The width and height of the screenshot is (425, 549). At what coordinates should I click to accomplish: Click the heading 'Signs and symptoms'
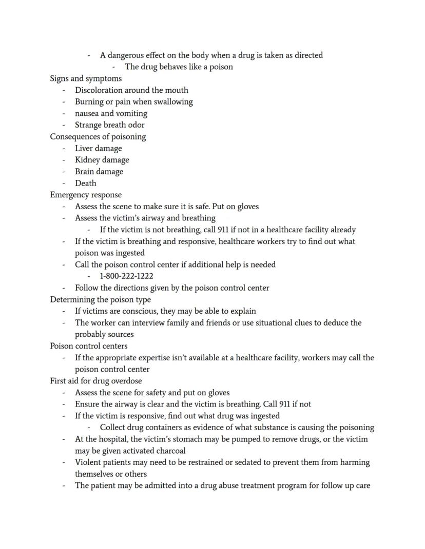click(86, 78)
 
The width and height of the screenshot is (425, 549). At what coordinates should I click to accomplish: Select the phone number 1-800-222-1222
click(127, 276)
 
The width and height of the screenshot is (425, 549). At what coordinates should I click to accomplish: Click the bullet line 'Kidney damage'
click(102, 160)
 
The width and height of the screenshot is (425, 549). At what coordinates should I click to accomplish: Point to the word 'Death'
click(86, 183)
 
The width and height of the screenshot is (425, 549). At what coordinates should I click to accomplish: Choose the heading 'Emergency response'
click(86, 195)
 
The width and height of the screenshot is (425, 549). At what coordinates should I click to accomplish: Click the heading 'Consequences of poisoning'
click(98, 137)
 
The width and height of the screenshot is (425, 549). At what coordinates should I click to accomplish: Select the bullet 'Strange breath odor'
click(110, 125)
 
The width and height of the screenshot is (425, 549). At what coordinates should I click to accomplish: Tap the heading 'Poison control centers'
click(88, 346)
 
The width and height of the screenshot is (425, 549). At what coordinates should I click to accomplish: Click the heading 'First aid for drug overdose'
click(95, 381)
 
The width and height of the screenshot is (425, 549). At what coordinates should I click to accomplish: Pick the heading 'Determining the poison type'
click(100, 299)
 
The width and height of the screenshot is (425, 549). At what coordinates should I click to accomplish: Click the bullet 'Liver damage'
click(99, 149)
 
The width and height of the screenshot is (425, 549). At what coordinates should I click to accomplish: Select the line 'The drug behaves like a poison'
click(179, 67)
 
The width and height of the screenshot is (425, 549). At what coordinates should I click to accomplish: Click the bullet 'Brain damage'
click(99, 172)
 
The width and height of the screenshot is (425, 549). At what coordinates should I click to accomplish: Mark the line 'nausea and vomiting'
click(111, 113)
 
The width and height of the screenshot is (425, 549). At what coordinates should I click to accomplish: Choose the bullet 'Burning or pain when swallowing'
click(134, 101)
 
